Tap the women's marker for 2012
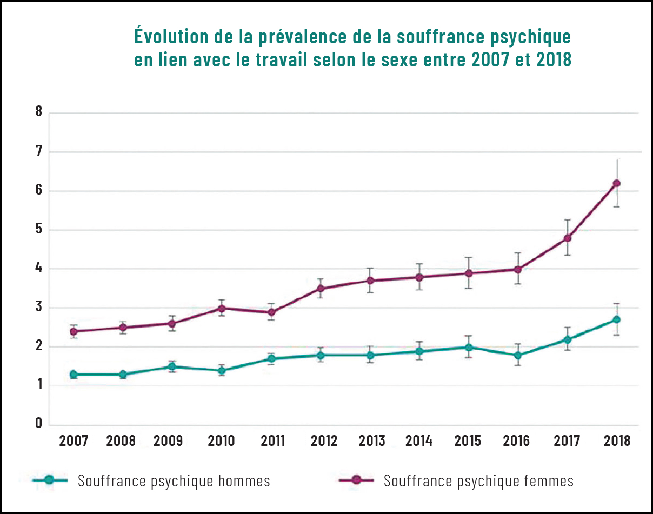(x=321, y=288)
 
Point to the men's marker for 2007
(x=74, y=374)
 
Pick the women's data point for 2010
(x=222, y=308)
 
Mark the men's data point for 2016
(x=518, y=355)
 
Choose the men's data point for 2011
(x=271, y=358)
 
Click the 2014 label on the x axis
(x=419, y=441)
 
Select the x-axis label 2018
(x=617, y=441)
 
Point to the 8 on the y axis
(x=38, y=112)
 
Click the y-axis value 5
(x=38, y=230)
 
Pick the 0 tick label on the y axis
(x=38, y=423)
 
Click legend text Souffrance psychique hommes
(x=174, y=480)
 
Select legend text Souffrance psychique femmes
(x=478, y=480)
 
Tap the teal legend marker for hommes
(x=49, y=480)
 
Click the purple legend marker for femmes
(x=355, y=480)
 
